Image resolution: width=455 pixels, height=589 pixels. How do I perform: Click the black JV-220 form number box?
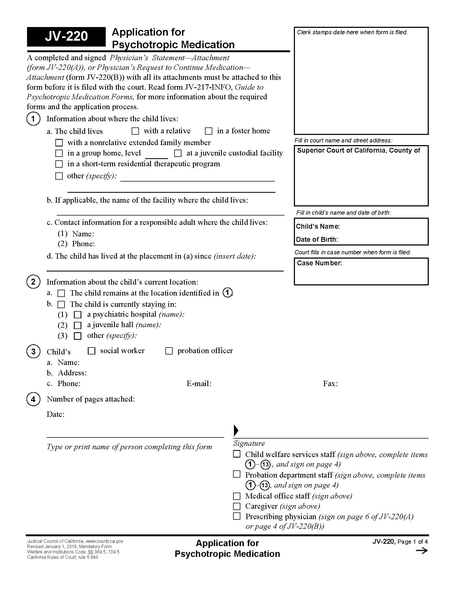pos(66,37)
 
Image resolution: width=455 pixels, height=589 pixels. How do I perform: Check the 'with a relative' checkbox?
pos(135,131)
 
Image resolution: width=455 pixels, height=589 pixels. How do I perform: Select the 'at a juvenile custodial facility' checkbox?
pos(178,153)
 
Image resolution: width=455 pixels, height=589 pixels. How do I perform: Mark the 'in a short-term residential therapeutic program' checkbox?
pos(59,164)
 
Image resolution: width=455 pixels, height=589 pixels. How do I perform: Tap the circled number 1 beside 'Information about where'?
pos(33,119)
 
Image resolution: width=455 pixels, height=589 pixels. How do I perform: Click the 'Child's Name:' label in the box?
pos(317,226)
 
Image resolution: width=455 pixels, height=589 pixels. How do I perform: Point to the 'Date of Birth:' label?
pos(317,240)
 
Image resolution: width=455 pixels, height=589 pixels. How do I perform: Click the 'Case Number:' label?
pos(319,263)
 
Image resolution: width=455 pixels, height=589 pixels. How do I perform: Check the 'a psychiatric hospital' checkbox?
pos(78,315)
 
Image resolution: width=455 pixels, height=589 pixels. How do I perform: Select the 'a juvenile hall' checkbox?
pos(78,325)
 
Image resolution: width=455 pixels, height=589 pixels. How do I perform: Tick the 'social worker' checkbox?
pos(92,351)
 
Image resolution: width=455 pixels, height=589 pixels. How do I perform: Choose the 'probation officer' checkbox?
pos(169,351)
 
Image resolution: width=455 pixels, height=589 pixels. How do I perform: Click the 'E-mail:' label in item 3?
pos(199,383)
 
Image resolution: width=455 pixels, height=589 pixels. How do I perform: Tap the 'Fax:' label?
pos(330,383)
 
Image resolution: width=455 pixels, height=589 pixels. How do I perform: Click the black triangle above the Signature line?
pos(236,431)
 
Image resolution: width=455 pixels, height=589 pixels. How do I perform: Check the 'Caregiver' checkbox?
pos(237,506)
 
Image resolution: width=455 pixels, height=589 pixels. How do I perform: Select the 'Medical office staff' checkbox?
pos(237,496)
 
